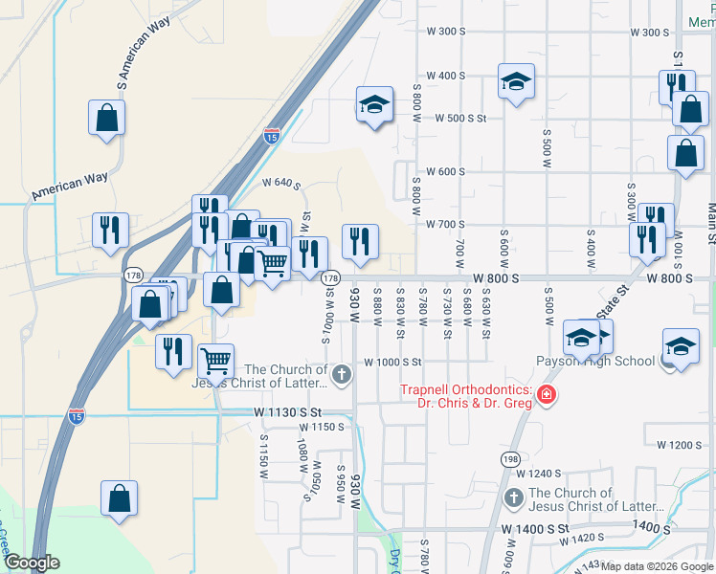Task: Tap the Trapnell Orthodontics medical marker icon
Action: (546, 395)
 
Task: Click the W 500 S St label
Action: (461, 119)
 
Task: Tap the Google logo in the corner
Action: (32, 563)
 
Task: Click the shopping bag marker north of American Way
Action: (106, 119)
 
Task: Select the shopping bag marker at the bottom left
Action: (119, 498)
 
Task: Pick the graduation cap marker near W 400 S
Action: (516, 82)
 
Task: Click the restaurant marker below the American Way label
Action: (109, 230)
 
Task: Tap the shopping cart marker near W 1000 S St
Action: (216, 362)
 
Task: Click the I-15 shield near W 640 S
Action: (273, 136)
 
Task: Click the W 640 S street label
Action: (282, 182)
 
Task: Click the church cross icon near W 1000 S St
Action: (342, 371)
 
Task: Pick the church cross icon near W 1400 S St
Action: (513, 498)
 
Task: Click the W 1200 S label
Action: (680, 445)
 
